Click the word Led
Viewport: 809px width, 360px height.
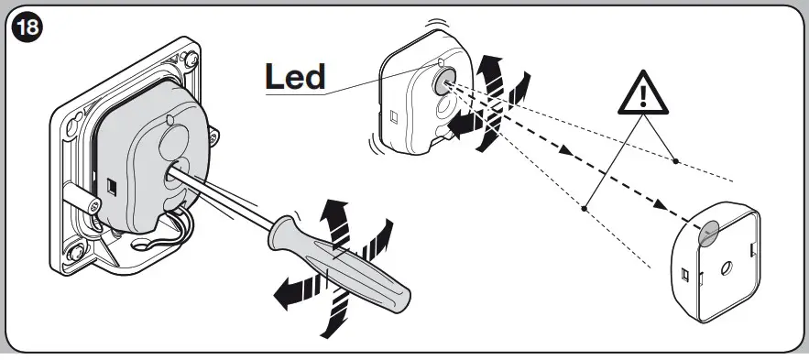coord(294,76)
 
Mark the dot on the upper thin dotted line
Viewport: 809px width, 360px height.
coord(675,162)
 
